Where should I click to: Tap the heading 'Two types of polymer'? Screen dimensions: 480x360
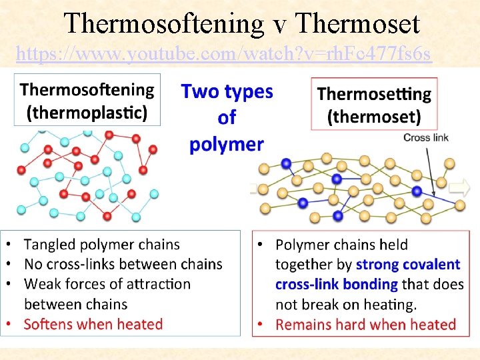click(227, 117)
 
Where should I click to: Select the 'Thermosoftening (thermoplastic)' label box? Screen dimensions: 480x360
click(87, 100)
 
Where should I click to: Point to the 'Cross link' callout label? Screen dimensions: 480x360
click(426, 138)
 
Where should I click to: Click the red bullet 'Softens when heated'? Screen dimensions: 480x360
click(93, 325)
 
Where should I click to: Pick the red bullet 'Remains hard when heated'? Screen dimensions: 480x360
click(365, 325)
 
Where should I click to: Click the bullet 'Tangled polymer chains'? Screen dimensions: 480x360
click(102, 245)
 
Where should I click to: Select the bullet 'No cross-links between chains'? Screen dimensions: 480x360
click(123, 264)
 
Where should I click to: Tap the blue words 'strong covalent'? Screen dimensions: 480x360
click(408, 265)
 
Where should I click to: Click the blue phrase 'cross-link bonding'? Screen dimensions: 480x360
click(337, 285)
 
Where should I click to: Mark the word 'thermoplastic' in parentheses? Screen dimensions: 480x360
click(87, 113)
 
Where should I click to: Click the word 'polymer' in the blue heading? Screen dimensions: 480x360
click(227, 144)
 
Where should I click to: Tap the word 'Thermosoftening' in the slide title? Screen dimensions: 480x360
click(165, 24)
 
